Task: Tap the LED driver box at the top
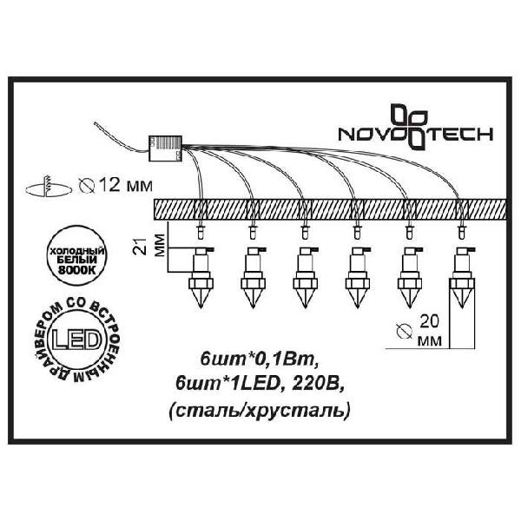click(166, 148)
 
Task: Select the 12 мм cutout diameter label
click(126, 185)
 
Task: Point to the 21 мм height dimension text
click(148, 246)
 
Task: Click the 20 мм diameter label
click(429, 331)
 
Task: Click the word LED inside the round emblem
click(76, 340)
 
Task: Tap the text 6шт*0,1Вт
click(258, 359)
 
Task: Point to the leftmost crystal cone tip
click(201, 307)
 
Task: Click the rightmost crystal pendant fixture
click(462, 278)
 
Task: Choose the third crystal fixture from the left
click(305, 278)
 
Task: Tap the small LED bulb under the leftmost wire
click(201, 233)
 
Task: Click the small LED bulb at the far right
click(462, 233)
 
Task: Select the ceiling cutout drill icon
click(49, 187)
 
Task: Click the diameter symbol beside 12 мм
click(87, 186)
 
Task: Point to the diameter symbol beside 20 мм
click(405, 331)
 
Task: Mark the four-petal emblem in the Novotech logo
click(409, 126)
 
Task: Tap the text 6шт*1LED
click(227, 384)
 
